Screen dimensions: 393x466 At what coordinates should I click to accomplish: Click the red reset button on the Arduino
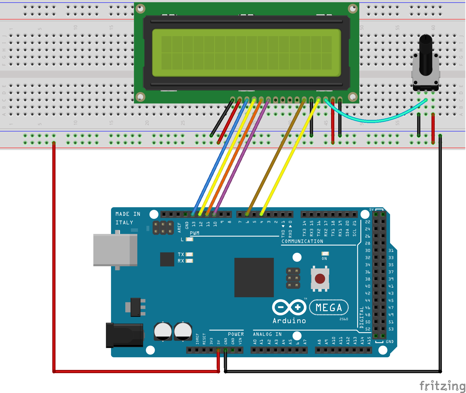pyautogui.click(x=320, y=279)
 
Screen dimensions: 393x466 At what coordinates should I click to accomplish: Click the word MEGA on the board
pyautogui.click(x=329, y=308)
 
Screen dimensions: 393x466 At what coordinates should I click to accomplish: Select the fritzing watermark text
pyautogui.click(x=442, y=386)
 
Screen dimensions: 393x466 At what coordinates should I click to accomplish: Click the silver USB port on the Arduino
pyautogui.click(x=115, y=250)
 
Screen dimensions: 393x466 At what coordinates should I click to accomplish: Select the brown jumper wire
pyautogui.click(x=276, y=156)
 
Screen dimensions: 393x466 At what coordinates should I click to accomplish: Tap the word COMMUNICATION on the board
pyautogui.click(x=302, y=241)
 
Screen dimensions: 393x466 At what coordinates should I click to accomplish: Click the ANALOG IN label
pyautogui.click(x=267, y=334)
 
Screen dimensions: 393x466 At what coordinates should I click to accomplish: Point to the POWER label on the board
pyautogui.click(x=236, y=334)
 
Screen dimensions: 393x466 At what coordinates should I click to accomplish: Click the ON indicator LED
pyautogui.click(x=325, y=254)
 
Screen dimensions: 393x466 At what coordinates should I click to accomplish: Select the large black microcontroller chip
pyautogui.click(x=254, y=277)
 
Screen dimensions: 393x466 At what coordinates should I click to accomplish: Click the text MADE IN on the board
pyautogui.click(x=128, y=214)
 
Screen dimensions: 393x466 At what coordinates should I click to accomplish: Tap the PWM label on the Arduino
pyautogui.click(x=194, y=233)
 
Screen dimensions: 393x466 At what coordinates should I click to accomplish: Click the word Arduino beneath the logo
pyautogui.click(x=289, y=321)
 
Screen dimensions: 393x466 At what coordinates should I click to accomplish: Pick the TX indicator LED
pyautogui.click(x=189, y=254)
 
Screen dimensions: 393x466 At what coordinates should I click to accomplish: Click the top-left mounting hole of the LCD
pyautogui.click(x=140, y=9)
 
